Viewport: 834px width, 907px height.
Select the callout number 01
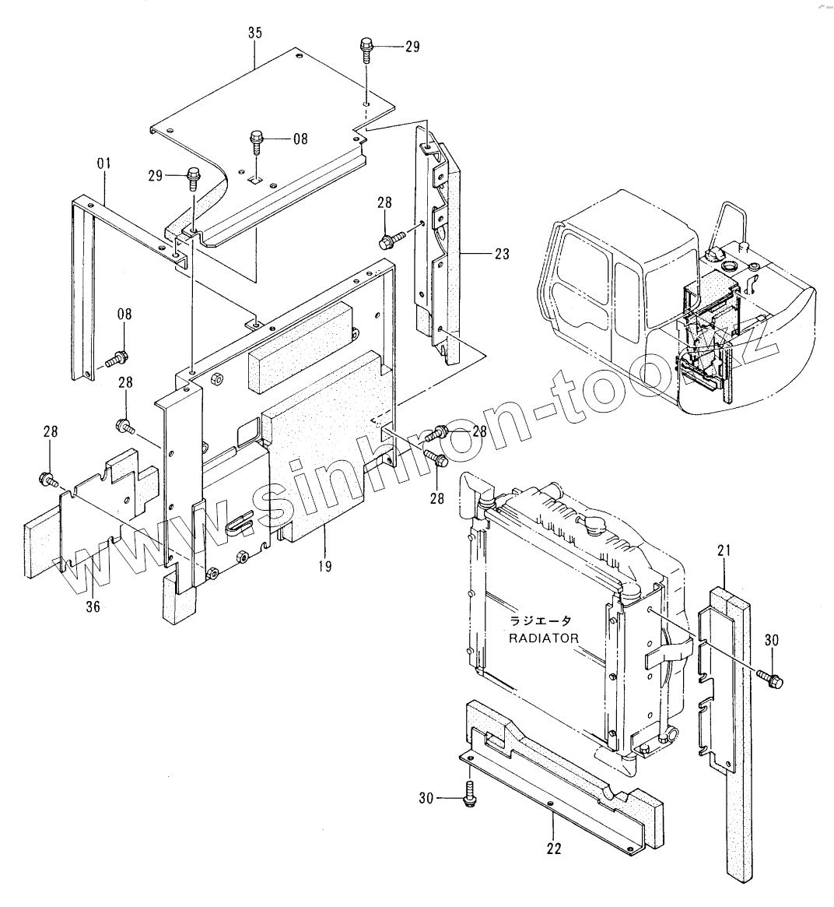click(x=103, y=163)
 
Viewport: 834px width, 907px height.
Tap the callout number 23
click(x=501, y=253)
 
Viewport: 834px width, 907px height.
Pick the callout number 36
click(x=93, y=606)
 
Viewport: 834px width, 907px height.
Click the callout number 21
click(x=724, y=552)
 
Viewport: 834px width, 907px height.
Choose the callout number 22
click(x=553, y=849)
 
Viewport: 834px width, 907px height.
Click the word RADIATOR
click(x=544, y=638)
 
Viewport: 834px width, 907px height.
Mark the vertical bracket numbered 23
click(x=440, y=249)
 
